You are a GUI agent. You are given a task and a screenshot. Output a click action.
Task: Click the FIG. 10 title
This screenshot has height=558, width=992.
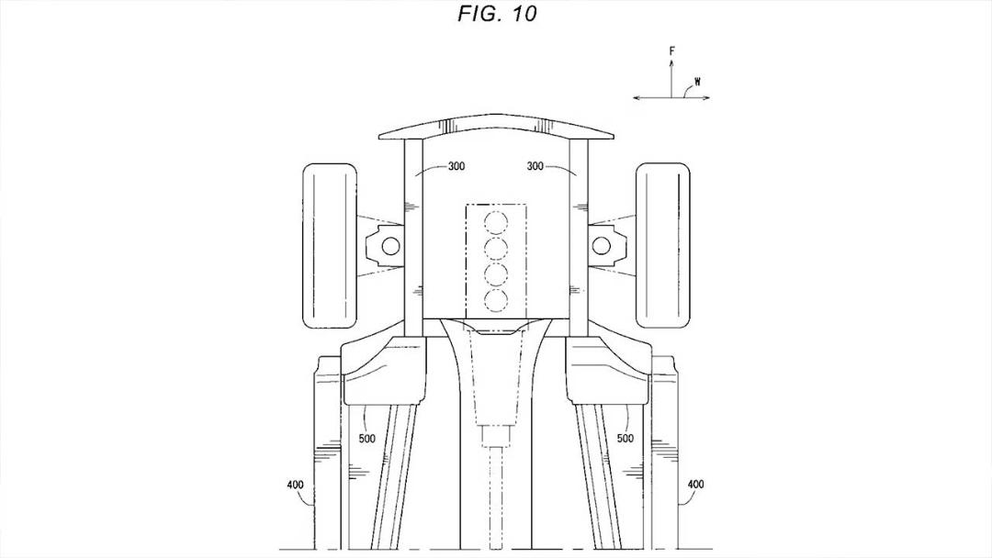497,14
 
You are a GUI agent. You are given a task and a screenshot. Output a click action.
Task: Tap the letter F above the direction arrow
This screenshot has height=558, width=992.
671,51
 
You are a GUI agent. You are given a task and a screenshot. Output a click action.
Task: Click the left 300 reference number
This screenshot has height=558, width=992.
457,166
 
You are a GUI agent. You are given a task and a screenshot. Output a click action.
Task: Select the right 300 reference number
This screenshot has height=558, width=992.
535,166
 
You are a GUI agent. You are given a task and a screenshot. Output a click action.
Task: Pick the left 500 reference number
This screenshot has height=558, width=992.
366,439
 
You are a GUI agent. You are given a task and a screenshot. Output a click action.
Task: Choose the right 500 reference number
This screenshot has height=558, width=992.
626,439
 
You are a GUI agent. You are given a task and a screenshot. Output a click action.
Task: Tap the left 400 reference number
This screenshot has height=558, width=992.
296,485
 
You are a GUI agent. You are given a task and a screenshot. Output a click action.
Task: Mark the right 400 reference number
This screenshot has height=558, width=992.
695,485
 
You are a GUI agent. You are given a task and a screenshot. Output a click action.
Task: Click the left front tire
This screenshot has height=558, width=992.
330,246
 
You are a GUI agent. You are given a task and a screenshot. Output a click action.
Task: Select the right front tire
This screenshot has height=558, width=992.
662,246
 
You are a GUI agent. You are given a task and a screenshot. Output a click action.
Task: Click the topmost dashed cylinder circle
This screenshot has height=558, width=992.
496,222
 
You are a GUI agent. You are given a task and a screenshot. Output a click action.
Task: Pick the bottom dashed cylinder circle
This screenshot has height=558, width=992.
496,299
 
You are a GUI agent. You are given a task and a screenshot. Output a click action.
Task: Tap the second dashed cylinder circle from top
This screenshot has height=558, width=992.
496,248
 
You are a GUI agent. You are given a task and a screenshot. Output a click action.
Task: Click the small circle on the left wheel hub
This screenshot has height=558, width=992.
391,245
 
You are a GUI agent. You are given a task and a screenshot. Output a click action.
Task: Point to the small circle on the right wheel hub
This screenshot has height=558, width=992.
602,245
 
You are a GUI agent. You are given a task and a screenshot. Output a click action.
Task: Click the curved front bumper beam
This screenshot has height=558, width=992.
497,127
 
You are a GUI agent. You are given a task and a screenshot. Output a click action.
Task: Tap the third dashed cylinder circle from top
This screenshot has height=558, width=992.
496,273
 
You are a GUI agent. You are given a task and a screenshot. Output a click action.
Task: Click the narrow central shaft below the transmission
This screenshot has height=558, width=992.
495,497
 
